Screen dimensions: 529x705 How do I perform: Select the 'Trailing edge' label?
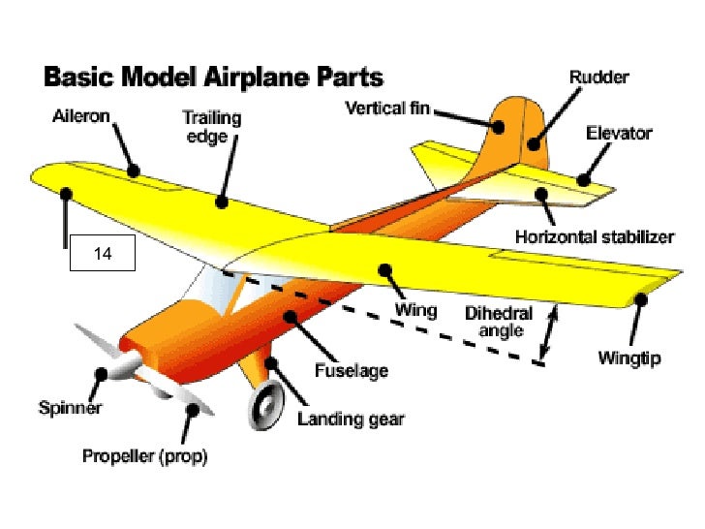tap(213, 127)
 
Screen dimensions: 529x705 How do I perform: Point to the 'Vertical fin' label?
tap(388, 109)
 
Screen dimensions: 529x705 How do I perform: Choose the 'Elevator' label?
tap(619, 133)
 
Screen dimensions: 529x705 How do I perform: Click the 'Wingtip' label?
tap(628, 358)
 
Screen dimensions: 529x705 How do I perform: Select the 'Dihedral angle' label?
tap(494, 322)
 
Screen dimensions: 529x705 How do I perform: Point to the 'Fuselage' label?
tap(352, 370)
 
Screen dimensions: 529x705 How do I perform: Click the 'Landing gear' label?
tap(351, 420)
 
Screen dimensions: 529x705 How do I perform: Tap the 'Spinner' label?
tap(70, 408)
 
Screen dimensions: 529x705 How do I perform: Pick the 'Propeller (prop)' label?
tap(144, 455)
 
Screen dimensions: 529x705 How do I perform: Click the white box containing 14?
tap(103, 255)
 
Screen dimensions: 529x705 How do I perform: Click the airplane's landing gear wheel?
tap(264, 407)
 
